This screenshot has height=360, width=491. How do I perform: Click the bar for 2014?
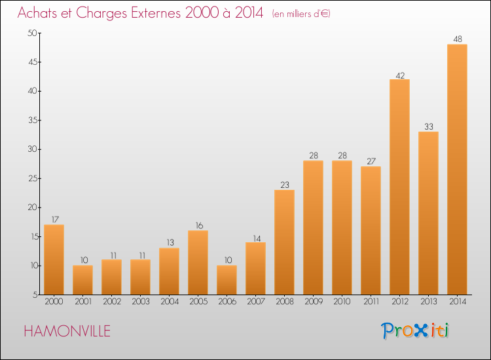tap(457, 170)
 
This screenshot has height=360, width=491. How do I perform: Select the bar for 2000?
tap(54, 260)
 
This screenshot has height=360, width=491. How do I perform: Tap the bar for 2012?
tap(399, 187)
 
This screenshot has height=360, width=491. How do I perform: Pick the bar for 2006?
tap(227, 280)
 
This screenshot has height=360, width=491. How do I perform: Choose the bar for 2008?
tap(284, 242)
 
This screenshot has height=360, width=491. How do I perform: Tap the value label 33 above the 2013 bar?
tap(428, 126)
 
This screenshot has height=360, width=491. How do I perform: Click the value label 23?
tap(284, 185)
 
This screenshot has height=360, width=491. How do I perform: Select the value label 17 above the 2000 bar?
tap(54, 219)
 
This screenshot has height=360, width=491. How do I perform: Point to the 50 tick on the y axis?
tap(31, 33)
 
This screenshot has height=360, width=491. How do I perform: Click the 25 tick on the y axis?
tap(31, 179)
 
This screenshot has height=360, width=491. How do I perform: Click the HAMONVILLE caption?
tap(67, 331)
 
